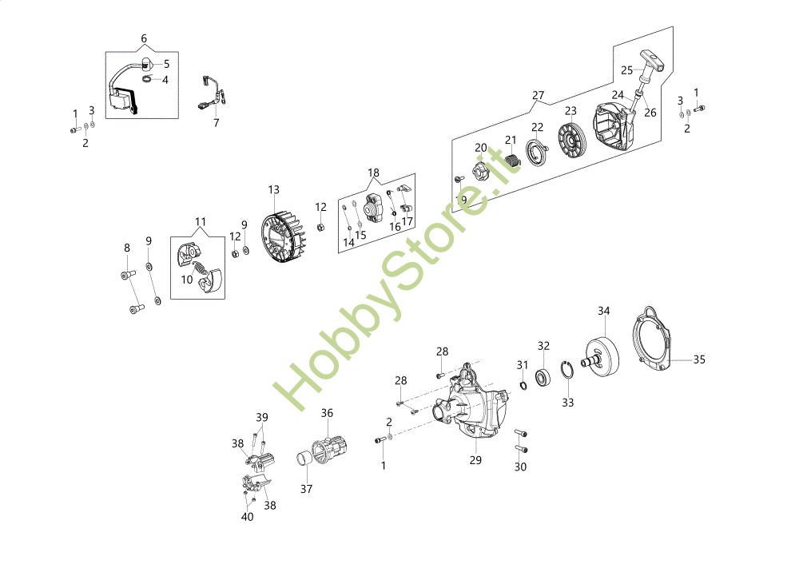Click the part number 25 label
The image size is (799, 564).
pyautogui.click(x=626, y=70)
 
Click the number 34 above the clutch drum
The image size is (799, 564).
pyautogui.click(x=604, y=311)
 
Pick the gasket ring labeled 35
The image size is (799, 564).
pyautogui.click(x=657, y=342)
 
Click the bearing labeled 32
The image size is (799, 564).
pyautogui.click(x=544, y=375)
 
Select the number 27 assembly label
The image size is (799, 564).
pyautogui.click(x=538, y=95)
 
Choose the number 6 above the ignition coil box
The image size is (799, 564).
pyautogui.click(x=144, y=38)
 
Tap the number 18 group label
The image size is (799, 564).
pyautogui.click(x=374, y=173)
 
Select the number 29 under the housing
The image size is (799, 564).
pyautogui.click(x=475, y=459)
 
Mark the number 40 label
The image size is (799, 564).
pyautogui.click(x=247, y=516)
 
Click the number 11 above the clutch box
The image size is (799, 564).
pyautogui.click(x=201, y=221)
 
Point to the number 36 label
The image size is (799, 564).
pyautogui.click(x=327, y=413)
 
